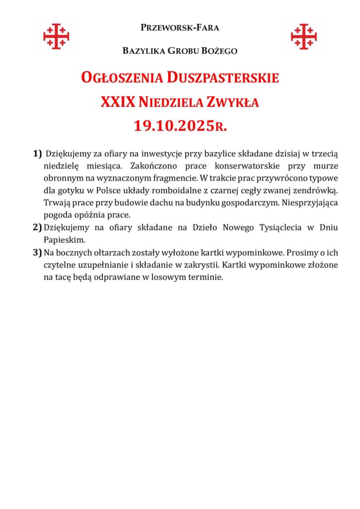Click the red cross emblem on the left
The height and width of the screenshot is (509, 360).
(x=56, y=36)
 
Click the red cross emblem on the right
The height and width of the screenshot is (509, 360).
(x=304, y=36)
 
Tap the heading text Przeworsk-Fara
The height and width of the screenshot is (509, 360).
(x=180, y=27)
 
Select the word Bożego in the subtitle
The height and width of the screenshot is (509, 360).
(x=221, y=51)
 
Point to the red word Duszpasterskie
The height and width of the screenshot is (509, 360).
(x=223, y=78)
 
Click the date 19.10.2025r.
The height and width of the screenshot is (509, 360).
(x=180, y=126)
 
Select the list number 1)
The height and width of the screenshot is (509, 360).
(x=37, y=152)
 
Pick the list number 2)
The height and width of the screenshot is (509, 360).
(x=37, y=227)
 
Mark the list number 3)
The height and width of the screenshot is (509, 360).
(x=37, y=253)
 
